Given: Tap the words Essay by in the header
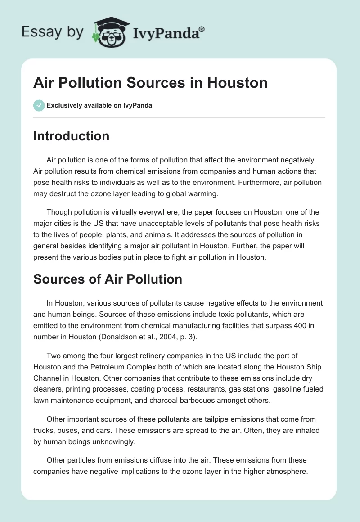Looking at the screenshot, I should pyautogui.click(x=53, y=32).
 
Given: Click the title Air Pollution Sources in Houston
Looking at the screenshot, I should pyautogui.click(x=150, y=83).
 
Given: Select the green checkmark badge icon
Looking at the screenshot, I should pyautogui.click(x=39, y=105).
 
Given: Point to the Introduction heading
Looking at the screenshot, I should pyautogui.click(x=71, y=136).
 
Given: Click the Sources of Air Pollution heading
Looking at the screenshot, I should pyautogui.click(x=108, y=279).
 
